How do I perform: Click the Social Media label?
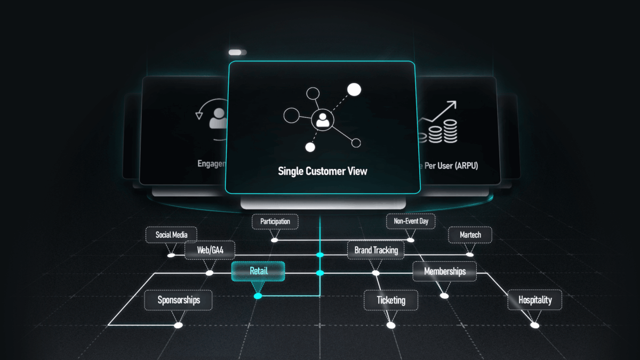pos(172,235)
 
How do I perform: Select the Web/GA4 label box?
pos(210,250)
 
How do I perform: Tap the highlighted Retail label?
pos(258,271)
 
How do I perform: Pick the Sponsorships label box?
pos(179,300)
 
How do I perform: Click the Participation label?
pos(275,221)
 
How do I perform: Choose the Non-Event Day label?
pos(411,221)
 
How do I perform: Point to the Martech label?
pos(470,235)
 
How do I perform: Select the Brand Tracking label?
pos(376,250)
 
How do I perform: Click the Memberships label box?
pos(445,271)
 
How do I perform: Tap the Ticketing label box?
pos(391,300)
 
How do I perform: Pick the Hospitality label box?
pos(535,300)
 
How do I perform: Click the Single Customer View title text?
pos(323,171)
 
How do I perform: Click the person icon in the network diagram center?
pos(322,119)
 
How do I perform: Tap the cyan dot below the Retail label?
pos(258,295)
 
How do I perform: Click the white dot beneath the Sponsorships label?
pos(178,325)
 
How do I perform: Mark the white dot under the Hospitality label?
pos(535,325)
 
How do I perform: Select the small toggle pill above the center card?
pos(237,52)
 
